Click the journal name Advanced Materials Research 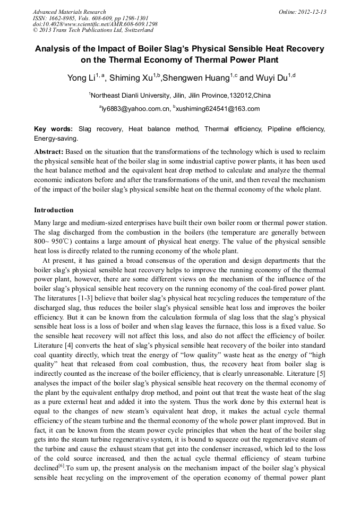pos(69,12)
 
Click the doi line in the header pos(95,24)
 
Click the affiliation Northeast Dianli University pos(133,96)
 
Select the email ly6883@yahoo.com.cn pos(134,109)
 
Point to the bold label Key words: pos(54,129)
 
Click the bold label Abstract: pos(48,152)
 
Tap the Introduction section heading pos(54,210)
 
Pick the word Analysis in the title pos(54,49)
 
